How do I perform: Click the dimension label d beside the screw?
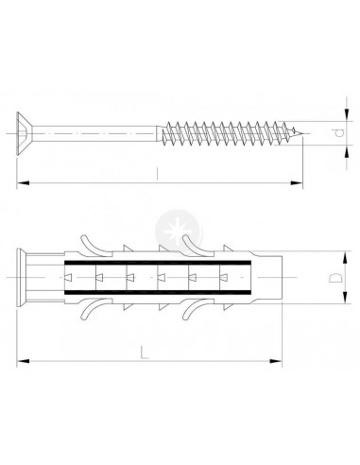coord(338,133)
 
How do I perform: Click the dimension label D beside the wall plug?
coord(335,278)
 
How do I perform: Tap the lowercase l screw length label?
coord(158,174)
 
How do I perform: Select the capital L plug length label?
coord(145,353)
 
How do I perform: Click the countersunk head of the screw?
coord(25,133)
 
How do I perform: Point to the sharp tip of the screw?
coord(304,133)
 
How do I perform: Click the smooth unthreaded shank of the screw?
coord(94,133)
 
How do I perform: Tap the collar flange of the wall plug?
coord(21,278)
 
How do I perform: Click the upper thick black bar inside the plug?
coord(158,263)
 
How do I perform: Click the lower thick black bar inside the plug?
coord(158,293)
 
